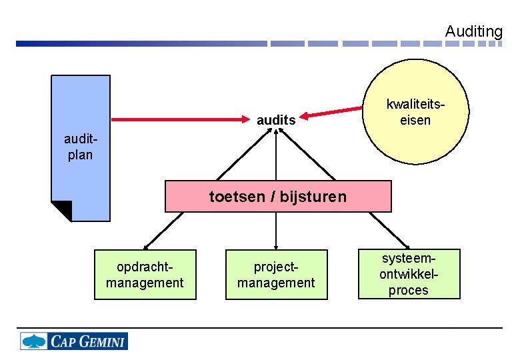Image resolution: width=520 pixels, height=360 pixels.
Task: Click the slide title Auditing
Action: (473, 31)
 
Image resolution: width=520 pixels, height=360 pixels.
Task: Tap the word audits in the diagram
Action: (276, 121)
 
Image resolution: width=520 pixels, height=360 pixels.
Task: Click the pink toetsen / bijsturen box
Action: (278, 197)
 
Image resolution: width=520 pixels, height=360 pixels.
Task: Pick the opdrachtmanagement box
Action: (145, 275)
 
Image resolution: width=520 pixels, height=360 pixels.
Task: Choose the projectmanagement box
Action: (276, 275)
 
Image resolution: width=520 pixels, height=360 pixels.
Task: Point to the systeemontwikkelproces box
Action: (409, 274)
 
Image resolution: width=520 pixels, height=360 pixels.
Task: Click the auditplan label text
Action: (79, 147)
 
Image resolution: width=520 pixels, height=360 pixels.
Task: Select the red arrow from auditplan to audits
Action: (180, 120)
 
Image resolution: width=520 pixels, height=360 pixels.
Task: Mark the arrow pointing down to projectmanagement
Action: (276, 231)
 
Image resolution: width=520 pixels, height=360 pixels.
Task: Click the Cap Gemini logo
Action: (73, 341)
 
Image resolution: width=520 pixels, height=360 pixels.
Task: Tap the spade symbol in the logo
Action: (34, 341)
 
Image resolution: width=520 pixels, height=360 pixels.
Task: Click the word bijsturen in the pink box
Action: (313, 197)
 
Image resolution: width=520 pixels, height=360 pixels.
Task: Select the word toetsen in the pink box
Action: (236, 197)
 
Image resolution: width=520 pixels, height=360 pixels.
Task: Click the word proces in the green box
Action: (409, 291)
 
